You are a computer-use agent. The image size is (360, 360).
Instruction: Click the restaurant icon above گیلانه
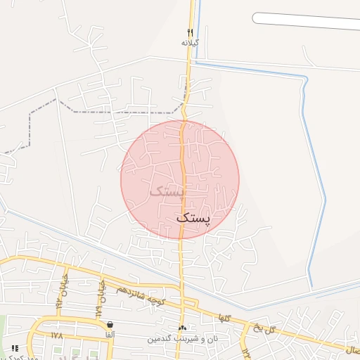point(190,32)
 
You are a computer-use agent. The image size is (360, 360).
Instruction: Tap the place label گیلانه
point(190,42)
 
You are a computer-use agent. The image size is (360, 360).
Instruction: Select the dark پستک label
point(193,219)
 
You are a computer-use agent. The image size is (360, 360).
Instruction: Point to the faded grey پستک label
point(167,190)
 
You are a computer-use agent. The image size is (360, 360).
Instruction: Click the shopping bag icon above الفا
point(110,325)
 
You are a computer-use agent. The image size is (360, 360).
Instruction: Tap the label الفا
point(110,335)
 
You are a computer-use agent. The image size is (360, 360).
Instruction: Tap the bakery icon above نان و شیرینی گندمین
point(183,328)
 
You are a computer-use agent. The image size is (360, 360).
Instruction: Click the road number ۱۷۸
point(58,335)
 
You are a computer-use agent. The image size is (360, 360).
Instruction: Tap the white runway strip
point(306,21)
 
